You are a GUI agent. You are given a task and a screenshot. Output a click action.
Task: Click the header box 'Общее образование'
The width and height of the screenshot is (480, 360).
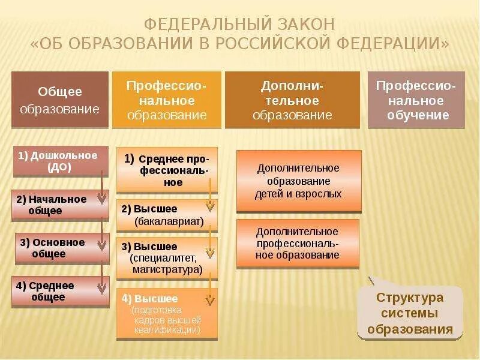60,100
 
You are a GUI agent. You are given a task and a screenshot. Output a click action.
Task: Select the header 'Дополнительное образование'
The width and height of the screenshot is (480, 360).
292,100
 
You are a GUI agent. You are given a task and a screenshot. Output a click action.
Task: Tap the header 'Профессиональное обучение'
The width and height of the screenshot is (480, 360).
416,100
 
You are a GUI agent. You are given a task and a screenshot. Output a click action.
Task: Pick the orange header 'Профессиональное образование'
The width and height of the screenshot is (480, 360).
167,100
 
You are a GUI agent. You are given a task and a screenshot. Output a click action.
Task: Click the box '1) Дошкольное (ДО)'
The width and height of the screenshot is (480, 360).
60,161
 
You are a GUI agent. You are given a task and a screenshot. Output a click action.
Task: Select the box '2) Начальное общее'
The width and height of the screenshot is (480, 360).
60,205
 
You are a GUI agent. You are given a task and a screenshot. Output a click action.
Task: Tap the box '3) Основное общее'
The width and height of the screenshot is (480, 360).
62,248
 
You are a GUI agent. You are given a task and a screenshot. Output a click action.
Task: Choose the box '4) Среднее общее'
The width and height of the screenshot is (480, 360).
60,291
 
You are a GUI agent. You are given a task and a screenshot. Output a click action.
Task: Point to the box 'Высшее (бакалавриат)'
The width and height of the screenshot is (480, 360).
167,215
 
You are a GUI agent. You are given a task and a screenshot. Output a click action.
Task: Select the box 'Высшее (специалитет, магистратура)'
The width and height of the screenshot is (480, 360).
167,258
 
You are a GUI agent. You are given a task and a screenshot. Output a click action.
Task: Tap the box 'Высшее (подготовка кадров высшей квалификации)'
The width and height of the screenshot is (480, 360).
167,314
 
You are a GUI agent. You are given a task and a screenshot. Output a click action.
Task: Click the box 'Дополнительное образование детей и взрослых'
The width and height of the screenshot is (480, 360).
299,181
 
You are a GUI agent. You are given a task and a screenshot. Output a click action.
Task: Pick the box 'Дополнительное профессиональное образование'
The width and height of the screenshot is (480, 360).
298,242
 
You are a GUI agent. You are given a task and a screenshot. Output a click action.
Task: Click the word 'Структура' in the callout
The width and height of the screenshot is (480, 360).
410,298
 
